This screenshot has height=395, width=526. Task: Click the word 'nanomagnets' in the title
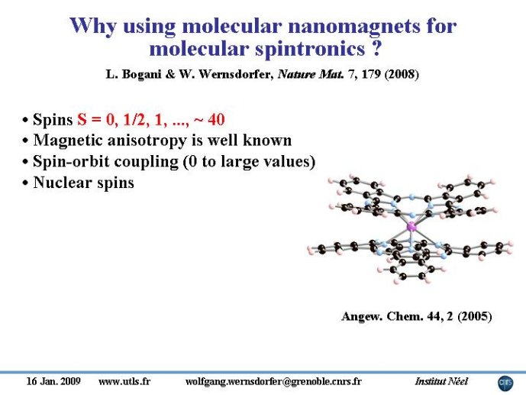point(353,27)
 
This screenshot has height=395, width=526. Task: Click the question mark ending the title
point(376,48)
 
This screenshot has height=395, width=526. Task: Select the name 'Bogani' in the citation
point(142,74)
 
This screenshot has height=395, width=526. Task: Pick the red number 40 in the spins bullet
point(216,119)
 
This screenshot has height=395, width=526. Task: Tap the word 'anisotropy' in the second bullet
point(147,141)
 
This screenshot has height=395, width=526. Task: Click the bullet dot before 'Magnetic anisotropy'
point(25,141)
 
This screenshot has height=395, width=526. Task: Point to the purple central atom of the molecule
point(411,227)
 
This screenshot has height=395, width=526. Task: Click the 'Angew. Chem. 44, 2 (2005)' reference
point(417,316)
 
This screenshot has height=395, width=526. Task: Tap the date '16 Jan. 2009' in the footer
point(53,381)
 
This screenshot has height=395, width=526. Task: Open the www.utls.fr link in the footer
point(124,381)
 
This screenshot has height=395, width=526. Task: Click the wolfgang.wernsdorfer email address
point(273,381)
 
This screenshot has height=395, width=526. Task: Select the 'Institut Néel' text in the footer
point(441,381)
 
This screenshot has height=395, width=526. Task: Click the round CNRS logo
point(505,384)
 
